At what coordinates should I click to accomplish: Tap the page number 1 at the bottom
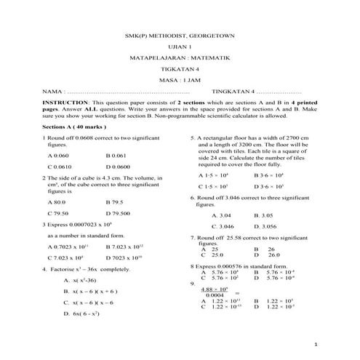point(315,344)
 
